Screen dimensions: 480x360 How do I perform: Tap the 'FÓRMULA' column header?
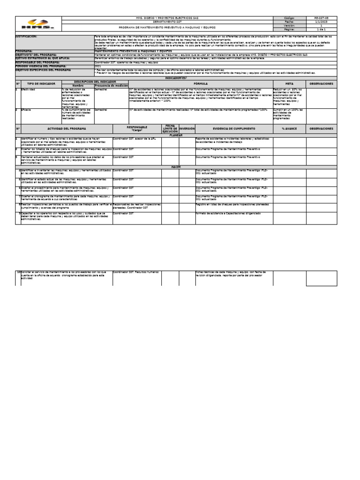coord(201,83)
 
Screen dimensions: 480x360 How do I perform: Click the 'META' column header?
coord(289,83)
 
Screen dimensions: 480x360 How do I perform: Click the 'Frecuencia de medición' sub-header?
coord(111,86)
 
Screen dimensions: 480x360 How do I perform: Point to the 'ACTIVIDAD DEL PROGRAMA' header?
coord(67,128)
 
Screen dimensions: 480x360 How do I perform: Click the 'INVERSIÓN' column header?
coord(187,128)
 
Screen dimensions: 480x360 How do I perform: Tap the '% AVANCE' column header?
coord(289,128)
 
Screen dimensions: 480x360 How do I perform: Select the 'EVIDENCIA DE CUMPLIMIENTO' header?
coord(234,128)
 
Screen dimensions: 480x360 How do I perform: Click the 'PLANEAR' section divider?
coord(175,135)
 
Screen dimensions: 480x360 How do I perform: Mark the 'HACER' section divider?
coord(175,167)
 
